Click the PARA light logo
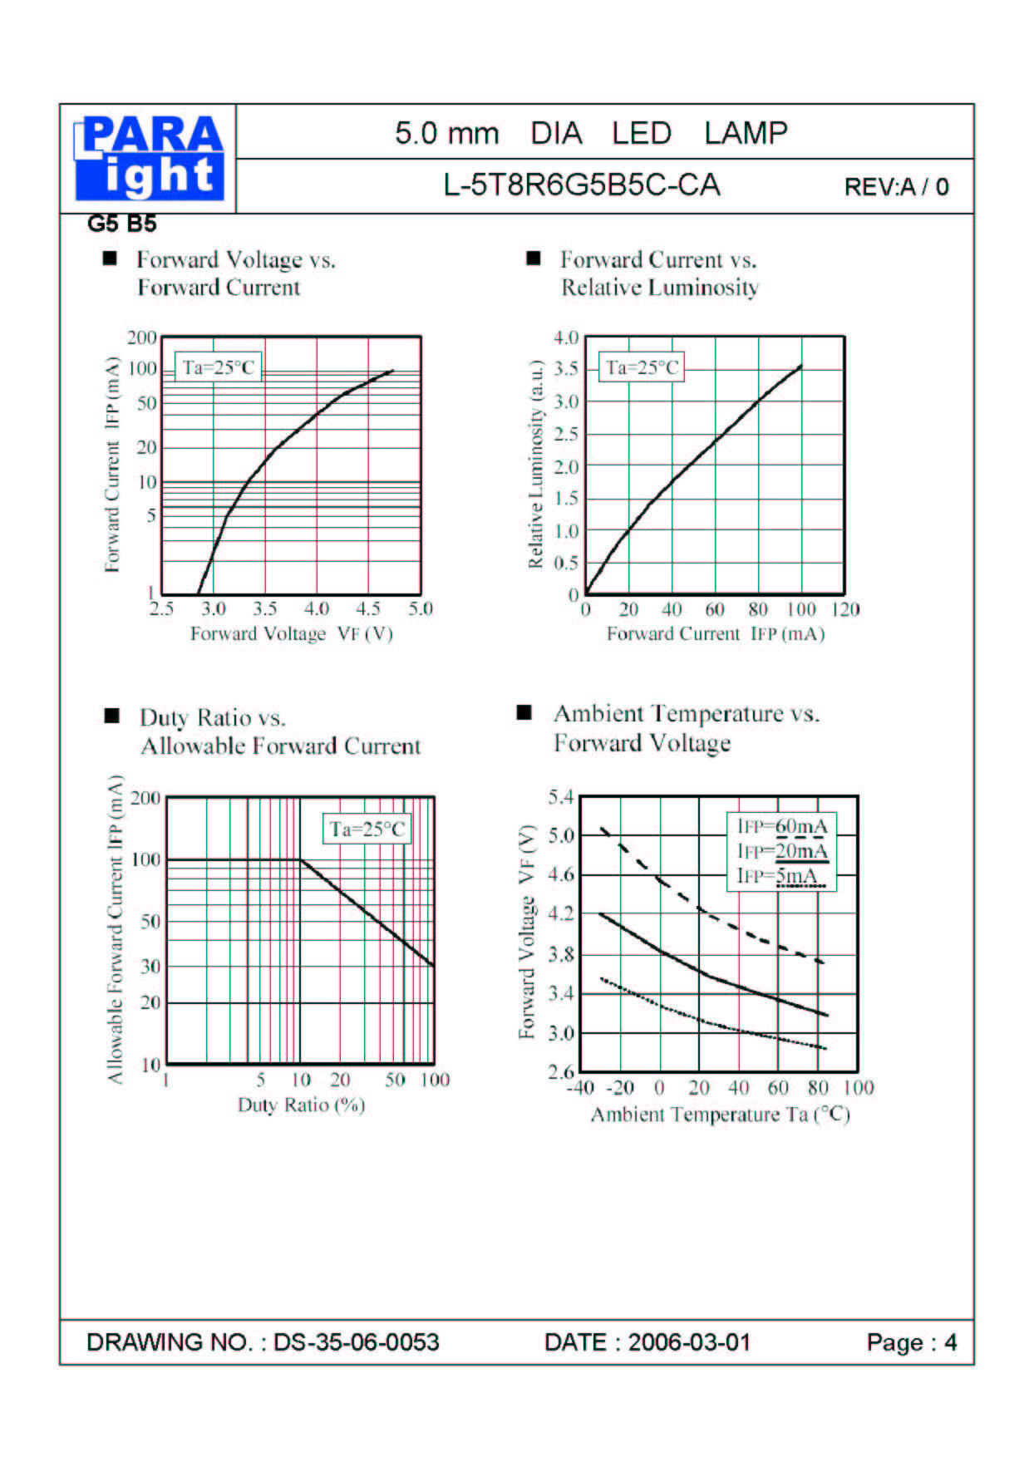[150, 158]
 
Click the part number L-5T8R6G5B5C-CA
[582, 185]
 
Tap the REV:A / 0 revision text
[896, 187]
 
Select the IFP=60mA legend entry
[782, 826]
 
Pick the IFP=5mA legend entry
[777, 876]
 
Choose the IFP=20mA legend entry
[782, 851]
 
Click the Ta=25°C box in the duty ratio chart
[367, 829]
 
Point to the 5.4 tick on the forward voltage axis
[561, 797]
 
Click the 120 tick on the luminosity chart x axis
[845, 609]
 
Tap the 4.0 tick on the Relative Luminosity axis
[566, 337]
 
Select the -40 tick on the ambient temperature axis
[580, 1088]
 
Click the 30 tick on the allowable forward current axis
[150, 967]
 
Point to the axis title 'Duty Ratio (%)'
[301, 1105]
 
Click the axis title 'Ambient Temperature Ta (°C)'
[720, 1115]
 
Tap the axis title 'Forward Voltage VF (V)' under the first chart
[291, 633]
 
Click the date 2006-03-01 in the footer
[689, 1342]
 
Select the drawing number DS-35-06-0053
[356, 1342]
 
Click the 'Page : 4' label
[912, 1342]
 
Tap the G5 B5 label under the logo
[121, 224]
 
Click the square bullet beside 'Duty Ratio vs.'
[111, 716]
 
